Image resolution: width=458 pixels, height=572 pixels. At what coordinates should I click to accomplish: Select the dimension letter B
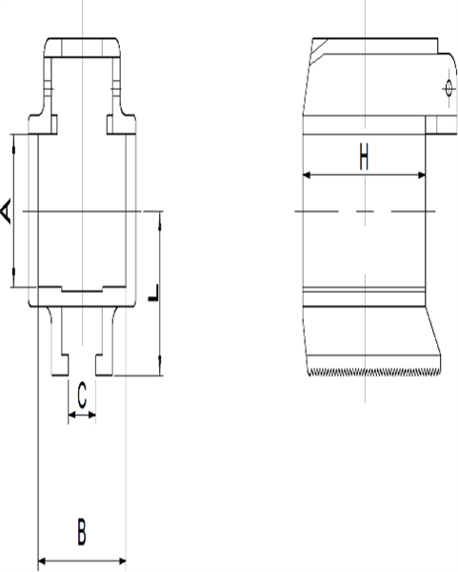pos(82,531)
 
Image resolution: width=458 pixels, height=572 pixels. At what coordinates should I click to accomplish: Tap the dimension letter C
pos(82,393)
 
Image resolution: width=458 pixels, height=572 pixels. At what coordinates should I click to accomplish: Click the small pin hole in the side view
pos(448,89)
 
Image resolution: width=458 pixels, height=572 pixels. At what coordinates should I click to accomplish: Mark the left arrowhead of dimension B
pos(40,562)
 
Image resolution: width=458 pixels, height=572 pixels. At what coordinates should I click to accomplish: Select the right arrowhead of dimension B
pos(123,562)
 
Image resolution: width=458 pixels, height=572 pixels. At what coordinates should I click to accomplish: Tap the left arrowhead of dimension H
pos(307,174)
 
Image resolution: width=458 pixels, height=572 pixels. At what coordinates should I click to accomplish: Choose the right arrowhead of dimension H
pos(421,174)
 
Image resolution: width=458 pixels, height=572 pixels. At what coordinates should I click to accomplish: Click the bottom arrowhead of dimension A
pos(13,283)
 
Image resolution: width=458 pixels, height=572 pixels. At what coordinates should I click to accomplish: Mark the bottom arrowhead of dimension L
pos(159,371)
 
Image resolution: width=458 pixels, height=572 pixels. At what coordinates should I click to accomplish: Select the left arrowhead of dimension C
pos(71,416)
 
